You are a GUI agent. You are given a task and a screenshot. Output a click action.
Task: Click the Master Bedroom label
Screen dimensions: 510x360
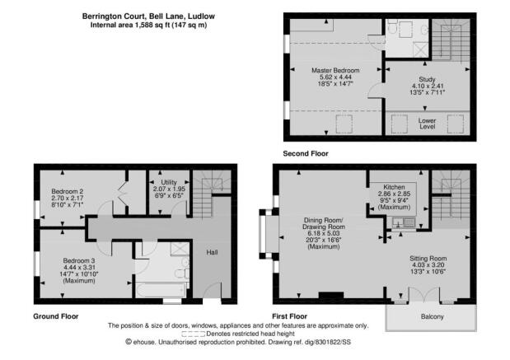[335, 70]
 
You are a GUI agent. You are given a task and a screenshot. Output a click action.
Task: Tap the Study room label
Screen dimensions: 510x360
[427, 79]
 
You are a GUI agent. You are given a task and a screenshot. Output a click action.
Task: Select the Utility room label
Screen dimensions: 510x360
[169, 182]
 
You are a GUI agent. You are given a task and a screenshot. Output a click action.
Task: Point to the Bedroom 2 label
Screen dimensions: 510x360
[68, 191]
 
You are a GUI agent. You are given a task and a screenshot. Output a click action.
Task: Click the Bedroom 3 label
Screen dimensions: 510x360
[79, 260]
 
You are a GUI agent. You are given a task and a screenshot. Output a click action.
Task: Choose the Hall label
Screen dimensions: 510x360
[212, 252]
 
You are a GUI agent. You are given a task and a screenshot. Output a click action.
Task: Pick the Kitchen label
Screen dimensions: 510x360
[394, 187]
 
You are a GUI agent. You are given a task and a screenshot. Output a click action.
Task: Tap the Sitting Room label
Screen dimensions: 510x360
[428, 259]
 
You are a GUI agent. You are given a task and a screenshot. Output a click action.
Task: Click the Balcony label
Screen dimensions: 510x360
[432, 316]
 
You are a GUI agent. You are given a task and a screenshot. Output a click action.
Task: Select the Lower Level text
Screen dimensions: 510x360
[427, 124]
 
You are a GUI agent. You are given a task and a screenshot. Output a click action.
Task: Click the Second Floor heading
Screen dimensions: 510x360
[306, 153]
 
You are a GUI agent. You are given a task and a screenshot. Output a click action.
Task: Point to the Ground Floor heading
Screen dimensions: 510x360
[56, 316]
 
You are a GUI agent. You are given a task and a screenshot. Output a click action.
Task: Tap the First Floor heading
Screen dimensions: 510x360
[289, 316]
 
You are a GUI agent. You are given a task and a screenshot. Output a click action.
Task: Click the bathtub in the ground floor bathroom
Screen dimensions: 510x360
[161, 290]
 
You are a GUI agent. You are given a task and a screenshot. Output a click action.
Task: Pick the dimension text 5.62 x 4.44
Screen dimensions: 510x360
[335, 77]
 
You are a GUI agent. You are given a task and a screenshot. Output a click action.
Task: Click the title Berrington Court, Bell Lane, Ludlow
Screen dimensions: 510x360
[148, 16]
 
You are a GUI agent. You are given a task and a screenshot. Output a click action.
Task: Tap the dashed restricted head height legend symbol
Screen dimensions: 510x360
[193, 334]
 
